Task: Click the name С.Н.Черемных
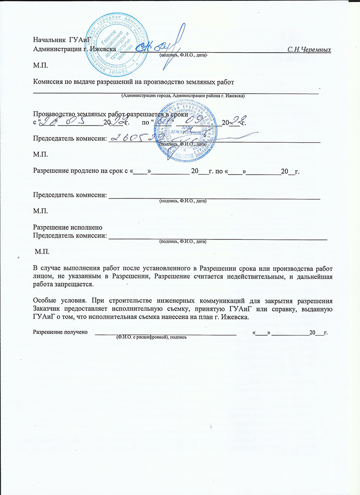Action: [x=309, y=49]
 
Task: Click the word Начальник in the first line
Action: [x=49, y=40]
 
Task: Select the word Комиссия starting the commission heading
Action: [x=49, y=81]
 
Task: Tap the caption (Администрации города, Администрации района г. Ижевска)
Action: [x=183, y=96]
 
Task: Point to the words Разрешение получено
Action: [x=60, y=333]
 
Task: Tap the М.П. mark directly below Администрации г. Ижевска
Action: [x=40, y=66]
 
